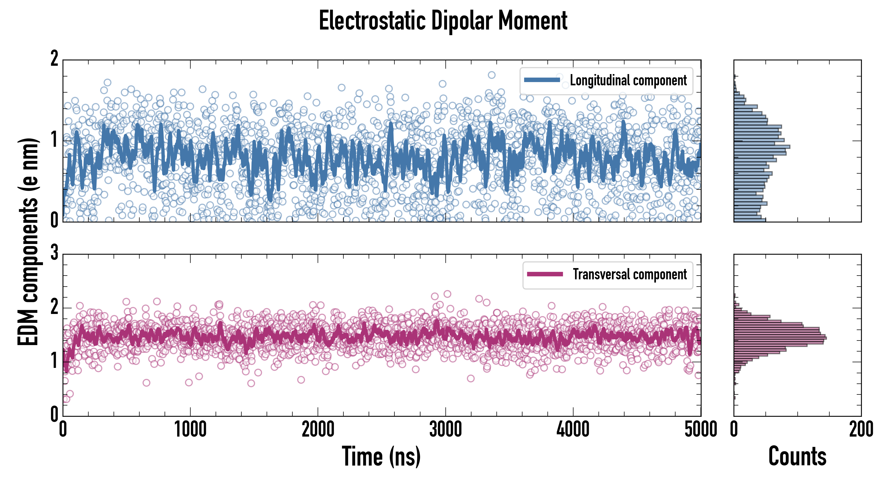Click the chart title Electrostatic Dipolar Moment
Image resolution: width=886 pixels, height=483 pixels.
click(x=443, y=21)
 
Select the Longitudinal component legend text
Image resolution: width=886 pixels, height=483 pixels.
click(x=628, y=80)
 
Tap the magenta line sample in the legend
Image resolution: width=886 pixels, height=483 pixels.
click(x=545, y=274)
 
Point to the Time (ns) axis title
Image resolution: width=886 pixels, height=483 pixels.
click(x=381, y=456)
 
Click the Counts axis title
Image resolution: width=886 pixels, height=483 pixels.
click(x=797, y=456)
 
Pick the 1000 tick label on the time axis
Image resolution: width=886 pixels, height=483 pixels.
click(x=190, y=430)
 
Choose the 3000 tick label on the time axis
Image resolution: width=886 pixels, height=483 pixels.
click(x=445, y=430)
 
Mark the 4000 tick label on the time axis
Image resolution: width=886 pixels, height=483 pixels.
click(x=573, y=430)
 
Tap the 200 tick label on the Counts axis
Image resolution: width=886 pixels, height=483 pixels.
click(x=861, y=430)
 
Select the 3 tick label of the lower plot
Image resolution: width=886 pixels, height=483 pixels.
click(x=54, y=253)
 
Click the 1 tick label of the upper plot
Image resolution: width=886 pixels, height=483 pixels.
click(x=54, y=140)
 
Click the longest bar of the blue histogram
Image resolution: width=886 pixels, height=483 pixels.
click(x=762, y=147)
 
